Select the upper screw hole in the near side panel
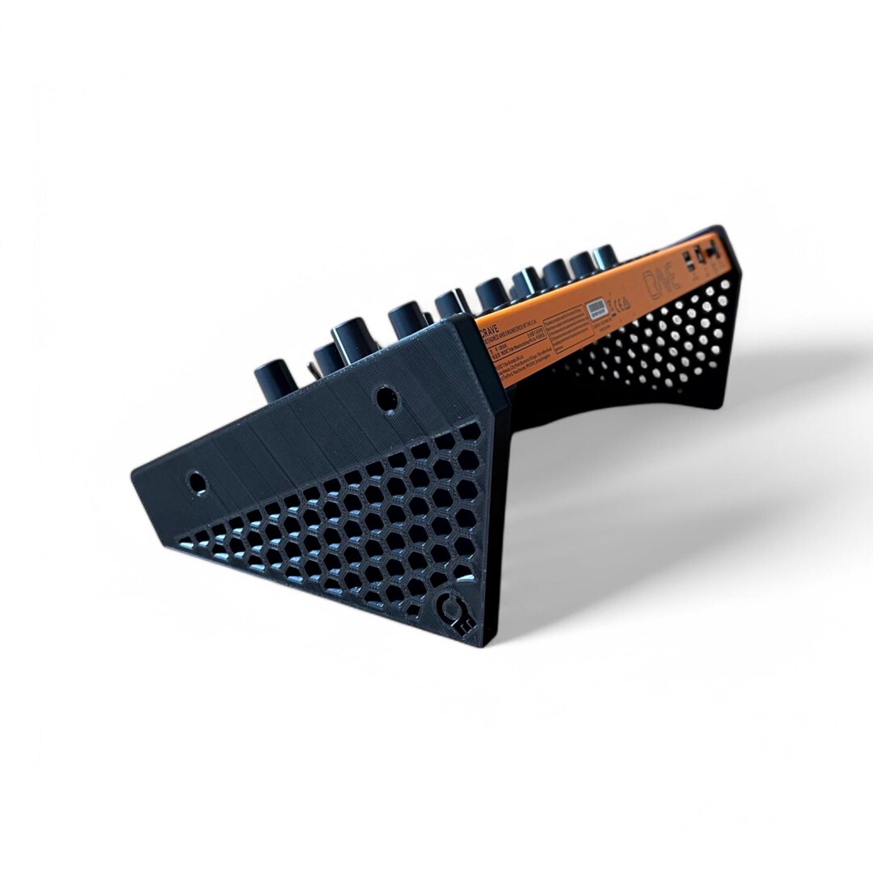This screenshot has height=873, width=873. [386, 398]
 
